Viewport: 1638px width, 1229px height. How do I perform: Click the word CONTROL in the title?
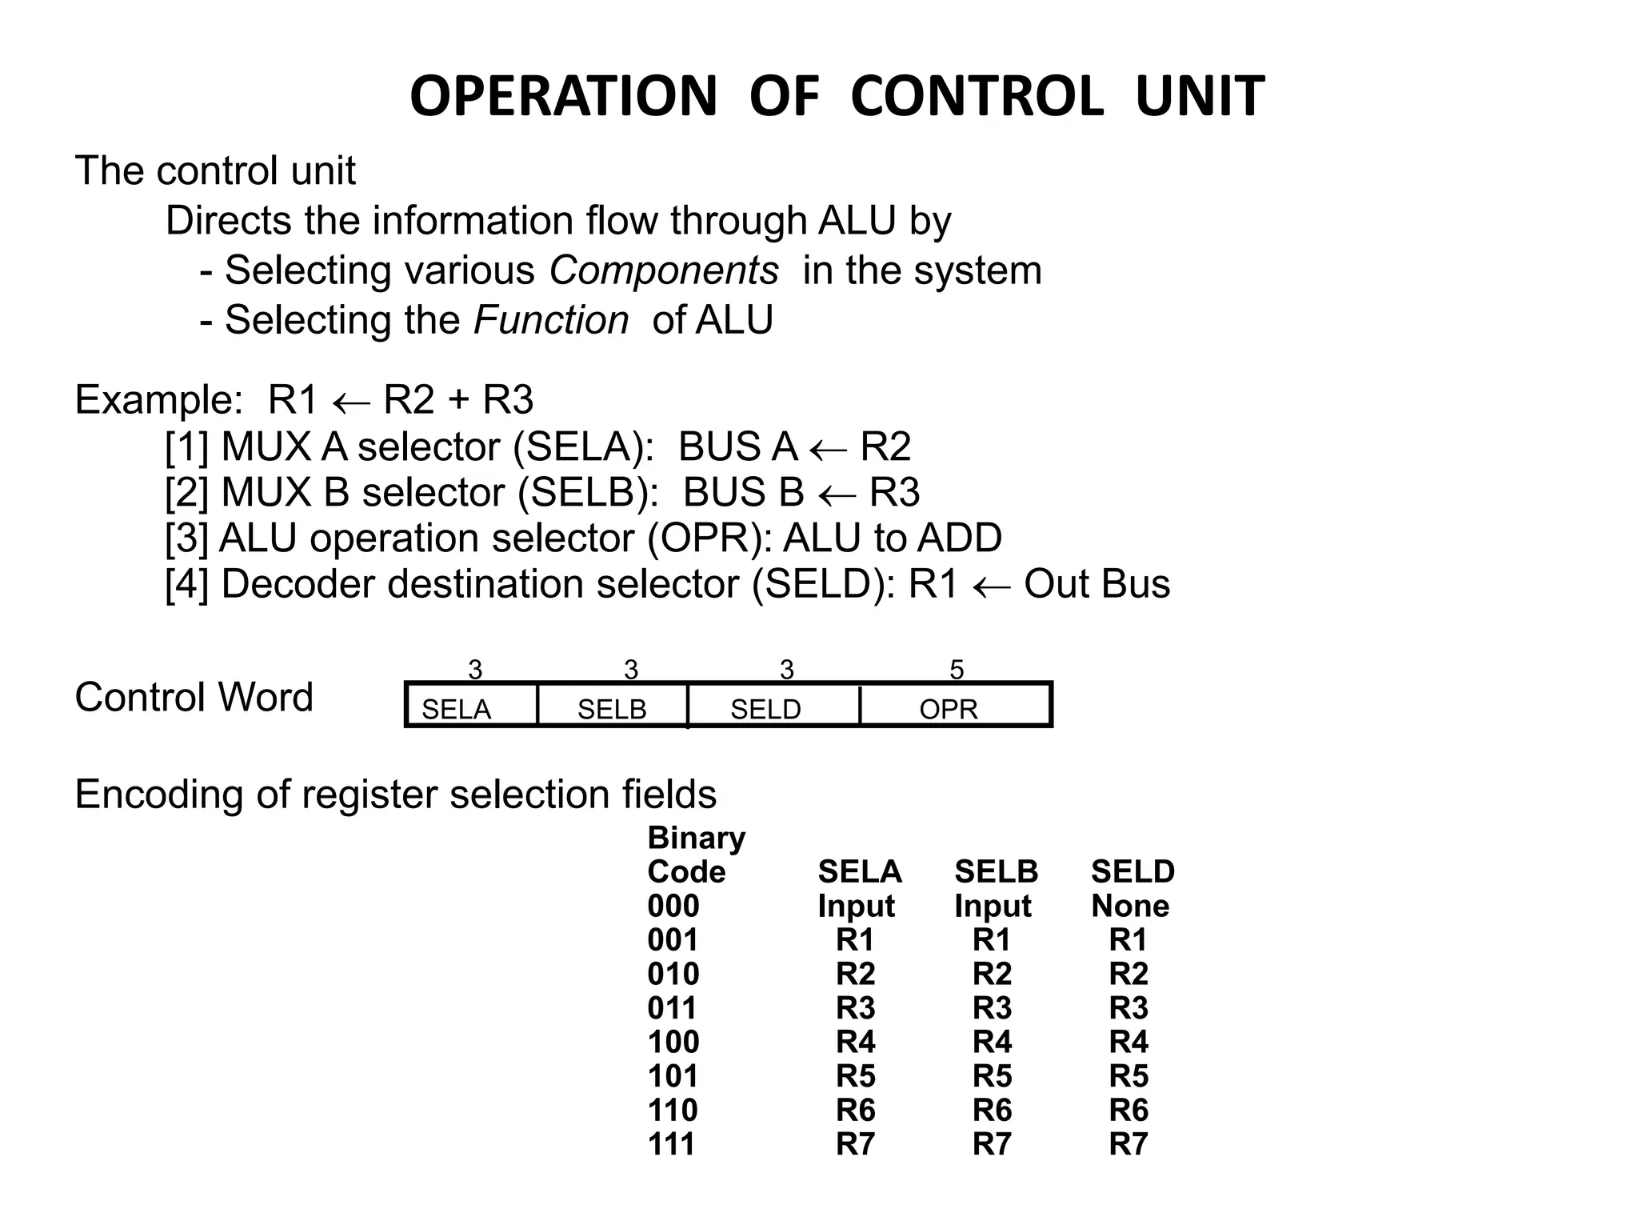977,96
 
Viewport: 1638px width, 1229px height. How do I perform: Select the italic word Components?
663,270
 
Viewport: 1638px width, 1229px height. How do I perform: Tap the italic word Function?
551,320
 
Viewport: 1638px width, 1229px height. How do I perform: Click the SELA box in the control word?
471,705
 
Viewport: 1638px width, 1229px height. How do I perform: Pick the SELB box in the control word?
612,705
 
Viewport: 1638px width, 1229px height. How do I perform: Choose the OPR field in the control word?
954,705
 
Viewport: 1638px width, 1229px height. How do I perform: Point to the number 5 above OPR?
957,670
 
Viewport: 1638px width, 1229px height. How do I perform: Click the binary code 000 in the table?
673,906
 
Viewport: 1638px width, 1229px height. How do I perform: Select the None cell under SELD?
1129,906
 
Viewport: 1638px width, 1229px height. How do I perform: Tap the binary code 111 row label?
671,1144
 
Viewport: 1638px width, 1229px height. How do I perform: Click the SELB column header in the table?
996,871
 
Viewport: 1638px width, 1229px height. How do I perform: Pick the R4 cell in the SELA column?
855,1042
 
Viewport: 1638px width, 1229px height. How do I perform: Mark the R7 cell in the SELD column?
1128,1144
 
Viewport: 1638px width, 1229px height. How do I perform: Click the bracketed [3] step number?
186,538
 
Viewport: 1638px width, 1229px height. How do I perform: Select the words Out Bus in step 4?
1097,584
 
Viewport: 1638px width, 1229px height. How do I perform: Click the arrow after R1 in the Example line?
351,402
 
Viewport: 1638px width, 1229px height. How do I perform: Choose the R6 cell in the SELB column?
992,1110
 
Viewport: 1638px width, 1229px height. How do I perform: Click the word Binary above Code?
696,838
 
